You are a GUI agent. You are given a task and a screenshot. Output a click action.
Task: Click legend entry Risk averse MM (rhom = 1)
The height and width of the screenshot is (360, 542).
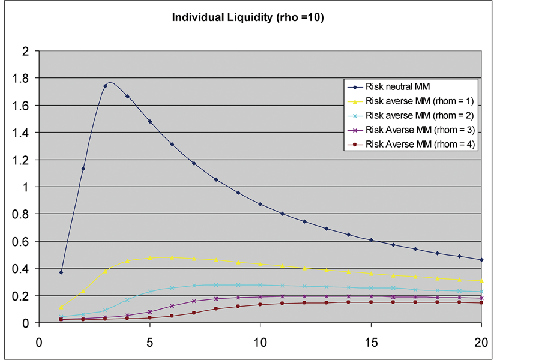click(x=420, y=101)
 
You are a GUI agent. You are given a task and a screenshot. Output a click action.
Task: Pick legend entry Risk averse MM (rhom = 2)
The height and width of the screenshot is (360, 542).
click(x=420, y=115)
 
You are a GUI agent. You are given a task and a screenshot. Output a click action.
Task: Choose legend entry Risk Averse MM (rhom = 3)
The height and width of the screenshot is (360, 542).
click(x=421, y=128)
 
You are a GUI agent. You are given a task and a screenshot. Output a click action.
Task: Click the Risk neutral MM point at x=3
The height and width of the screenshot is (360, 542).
click(x=105, y=86)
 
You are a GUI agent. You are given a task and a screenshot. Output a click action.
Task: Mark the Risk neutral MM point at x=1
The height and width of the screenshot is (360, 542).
click(x=61, y=272)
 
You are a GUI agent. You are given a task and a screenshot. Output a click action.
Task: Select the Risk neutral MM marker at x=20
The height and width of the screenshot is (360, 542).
click(x=481, y=260)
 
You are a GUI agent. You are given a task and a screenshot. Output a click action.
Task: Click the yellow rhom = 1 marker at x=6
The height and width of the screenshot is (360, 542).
click(x=172, y=257)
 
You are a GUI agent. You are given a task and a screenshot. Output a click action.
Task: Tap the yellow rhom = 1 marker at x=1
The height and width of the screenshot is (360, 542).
click(x=61, y=307)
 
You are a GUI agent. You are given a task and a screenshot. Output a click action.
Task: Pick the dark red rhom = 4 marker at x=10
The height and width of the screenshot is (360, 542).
click(x=260, y=304)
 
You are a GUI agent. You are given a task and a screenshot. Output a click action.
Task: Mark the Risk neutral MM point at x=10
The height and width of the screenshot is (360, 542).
click(x=260, y=204)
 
